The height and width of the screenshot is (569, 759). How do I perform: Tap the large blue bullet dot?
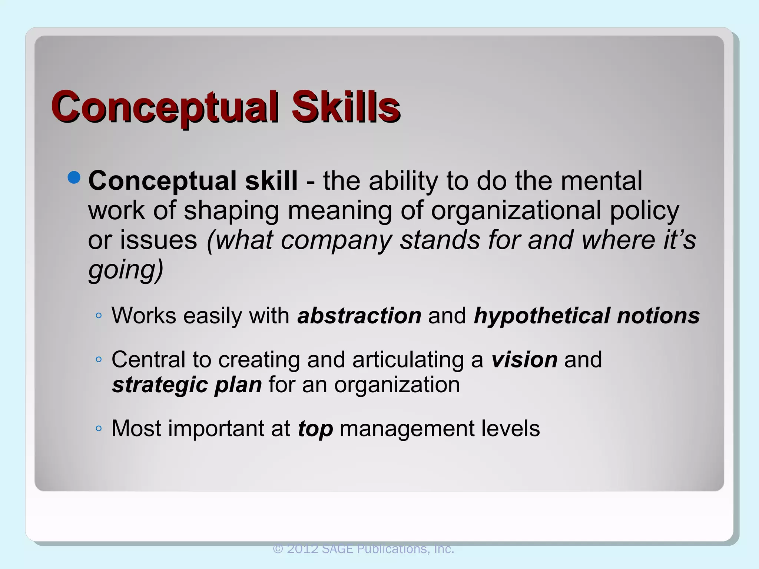point(74,178)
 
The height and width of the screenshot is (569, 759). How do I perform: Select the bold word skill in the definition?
point(271,181)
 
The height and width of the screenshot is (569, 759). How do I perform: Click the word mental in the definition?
point(601,181)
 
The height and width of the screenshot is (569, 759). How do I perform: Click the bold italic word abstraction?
point(359,316)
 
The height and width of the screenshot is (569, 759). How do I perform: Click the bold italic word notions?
point(658,316)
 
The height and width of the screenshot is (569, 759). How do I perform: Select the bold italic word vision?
point(524,359)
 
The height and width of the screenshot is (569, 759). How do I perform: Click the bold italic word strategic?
point(159,385)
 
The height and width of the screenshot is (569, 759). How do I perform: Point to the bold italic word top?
point(315,429)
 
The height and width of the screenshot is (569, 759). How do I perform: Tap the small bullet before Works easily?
point(98,316)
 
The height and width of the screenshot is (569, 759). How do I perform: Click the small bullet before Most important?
point(98,429)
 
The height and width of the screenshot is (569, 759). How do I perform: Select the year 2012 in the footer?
point(302,549)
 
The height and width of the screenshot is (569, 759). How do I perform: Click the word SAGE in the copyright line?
point(337,549)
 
